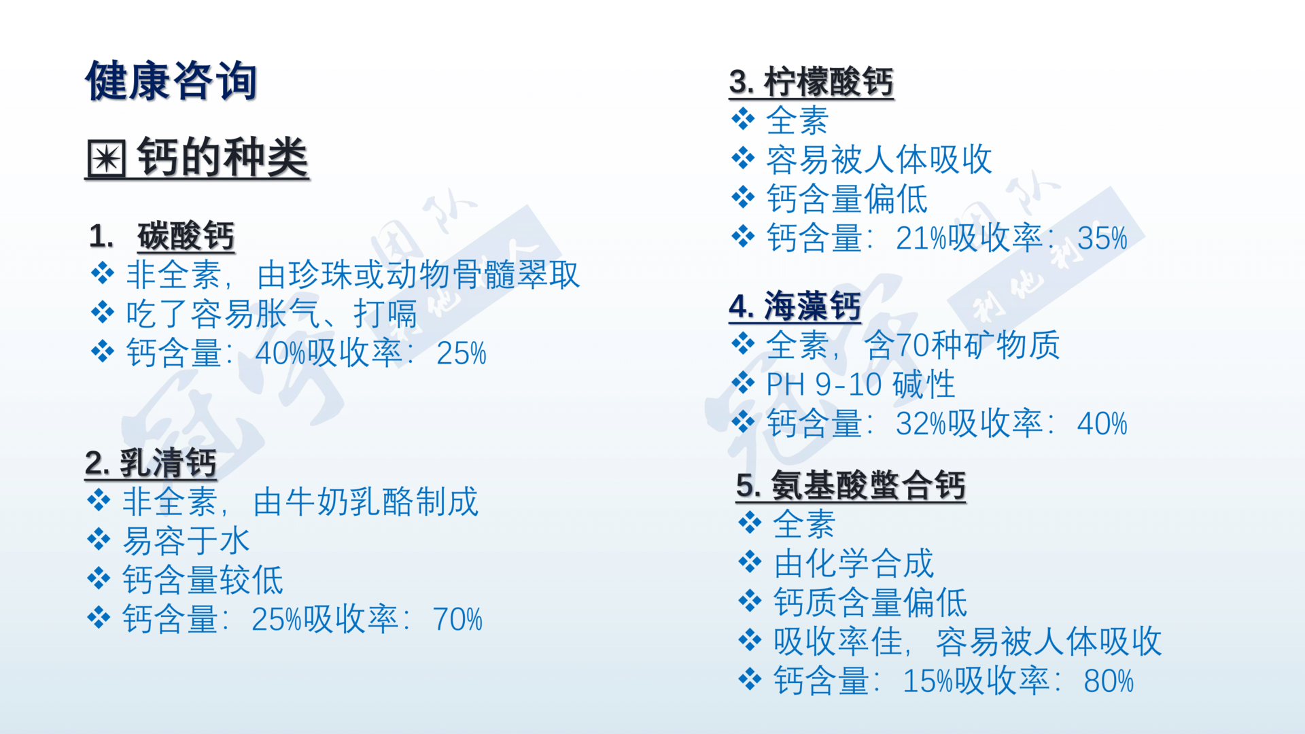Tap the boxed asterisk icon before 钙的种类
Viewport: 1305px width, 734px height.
pos(107,158)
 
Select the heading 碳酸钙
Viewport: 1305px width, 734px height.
pos(186,236)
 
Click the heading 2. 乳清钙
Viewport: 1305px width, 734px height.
pos(151,464)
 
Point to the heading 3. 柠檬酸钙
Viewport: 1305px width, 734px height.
pos(811,82)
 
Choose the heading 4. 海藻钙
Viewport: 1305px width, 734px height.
pos(795,307)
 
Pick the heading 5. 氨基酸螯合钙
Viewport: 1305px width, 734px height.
pos(850,485)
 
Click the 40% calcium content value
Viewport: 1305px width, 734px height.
pos(280,353)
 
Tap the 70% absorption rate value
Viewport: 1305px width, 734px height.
pos(457,620)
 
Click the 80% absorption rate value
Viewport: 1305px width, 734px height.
pos(1109,681)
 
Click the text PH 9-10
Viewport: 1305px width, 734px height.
pos(824,385)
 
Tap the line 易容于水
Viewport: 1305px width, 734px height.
pos(186,541)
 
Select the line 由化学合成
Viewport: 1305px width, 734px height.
pos(854,563)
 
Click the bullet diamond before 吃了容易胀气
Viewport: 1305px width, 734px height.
pos(103,313)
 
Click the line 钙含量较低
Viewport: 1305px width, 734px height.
pos(203,580)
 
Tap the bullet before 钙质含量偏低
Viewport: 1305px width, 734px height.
pos(750,601)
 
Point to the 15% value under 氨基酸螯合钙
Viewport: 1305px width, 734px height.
pos(928,681)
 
